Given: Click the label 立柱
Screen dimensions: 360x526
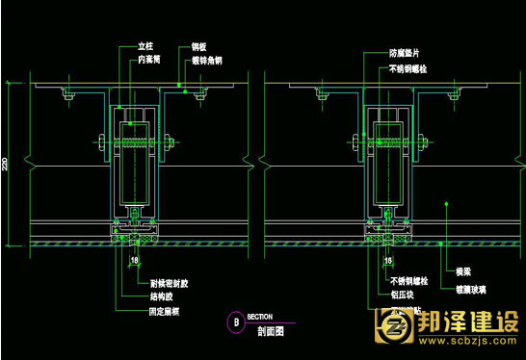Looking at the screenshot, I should (x=146, y=45).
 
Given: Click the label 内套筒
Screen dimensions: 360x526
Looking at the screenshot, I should (x=149, y=58).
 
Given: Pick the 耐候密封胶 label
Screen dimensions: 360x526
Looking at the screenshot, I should (x=157, y=285).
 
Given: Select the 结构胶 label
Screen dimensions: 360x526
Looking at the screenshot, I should (x=148, y=297).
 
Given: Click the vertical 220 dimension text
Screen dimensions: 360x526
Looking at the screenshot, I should (x=5, y=165).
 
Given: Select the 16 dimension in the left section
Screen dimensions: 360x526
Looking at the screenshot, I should (x=135, y=260).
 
